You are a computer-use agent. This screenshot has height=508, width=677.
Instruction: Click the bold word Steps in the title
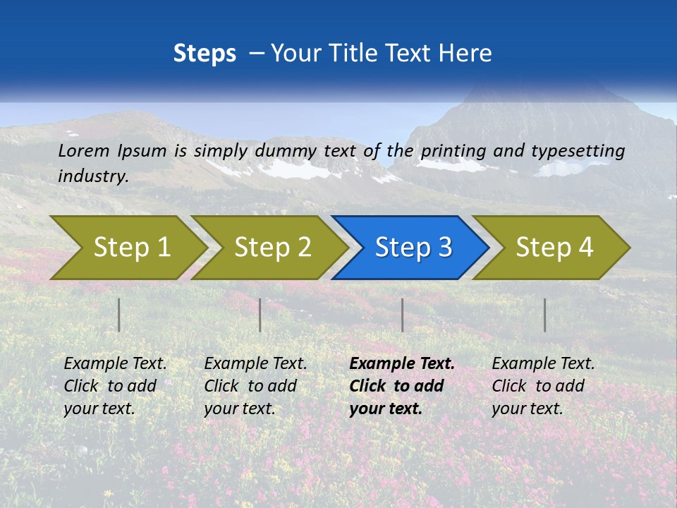205,54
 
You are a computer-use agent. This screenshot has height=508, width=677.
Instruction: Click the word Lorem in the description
83,150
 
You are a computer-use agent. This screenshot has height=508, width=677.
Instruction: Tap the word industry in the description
93,176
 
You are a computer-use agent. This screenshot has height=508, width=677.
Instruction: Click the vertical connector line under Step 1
119,315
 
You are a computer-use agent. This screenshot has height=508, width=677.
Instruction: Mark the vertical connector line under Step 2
260,315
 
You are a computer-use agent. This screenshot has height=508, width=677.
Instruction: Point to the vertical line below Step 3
403,315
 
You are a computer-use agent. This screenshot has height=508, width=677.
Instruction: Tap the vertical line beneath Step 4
545,315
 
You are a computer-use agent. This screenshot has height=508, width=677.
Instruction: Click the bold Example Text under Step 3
402,364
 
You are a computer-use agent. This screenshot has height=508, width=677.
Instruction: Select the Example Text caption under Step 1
115,364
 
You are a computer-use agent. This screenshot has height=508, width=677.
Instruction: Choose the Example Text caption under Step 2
255,364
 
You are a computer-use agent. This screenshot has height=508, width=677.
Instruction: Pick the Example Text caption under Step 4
543,364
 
